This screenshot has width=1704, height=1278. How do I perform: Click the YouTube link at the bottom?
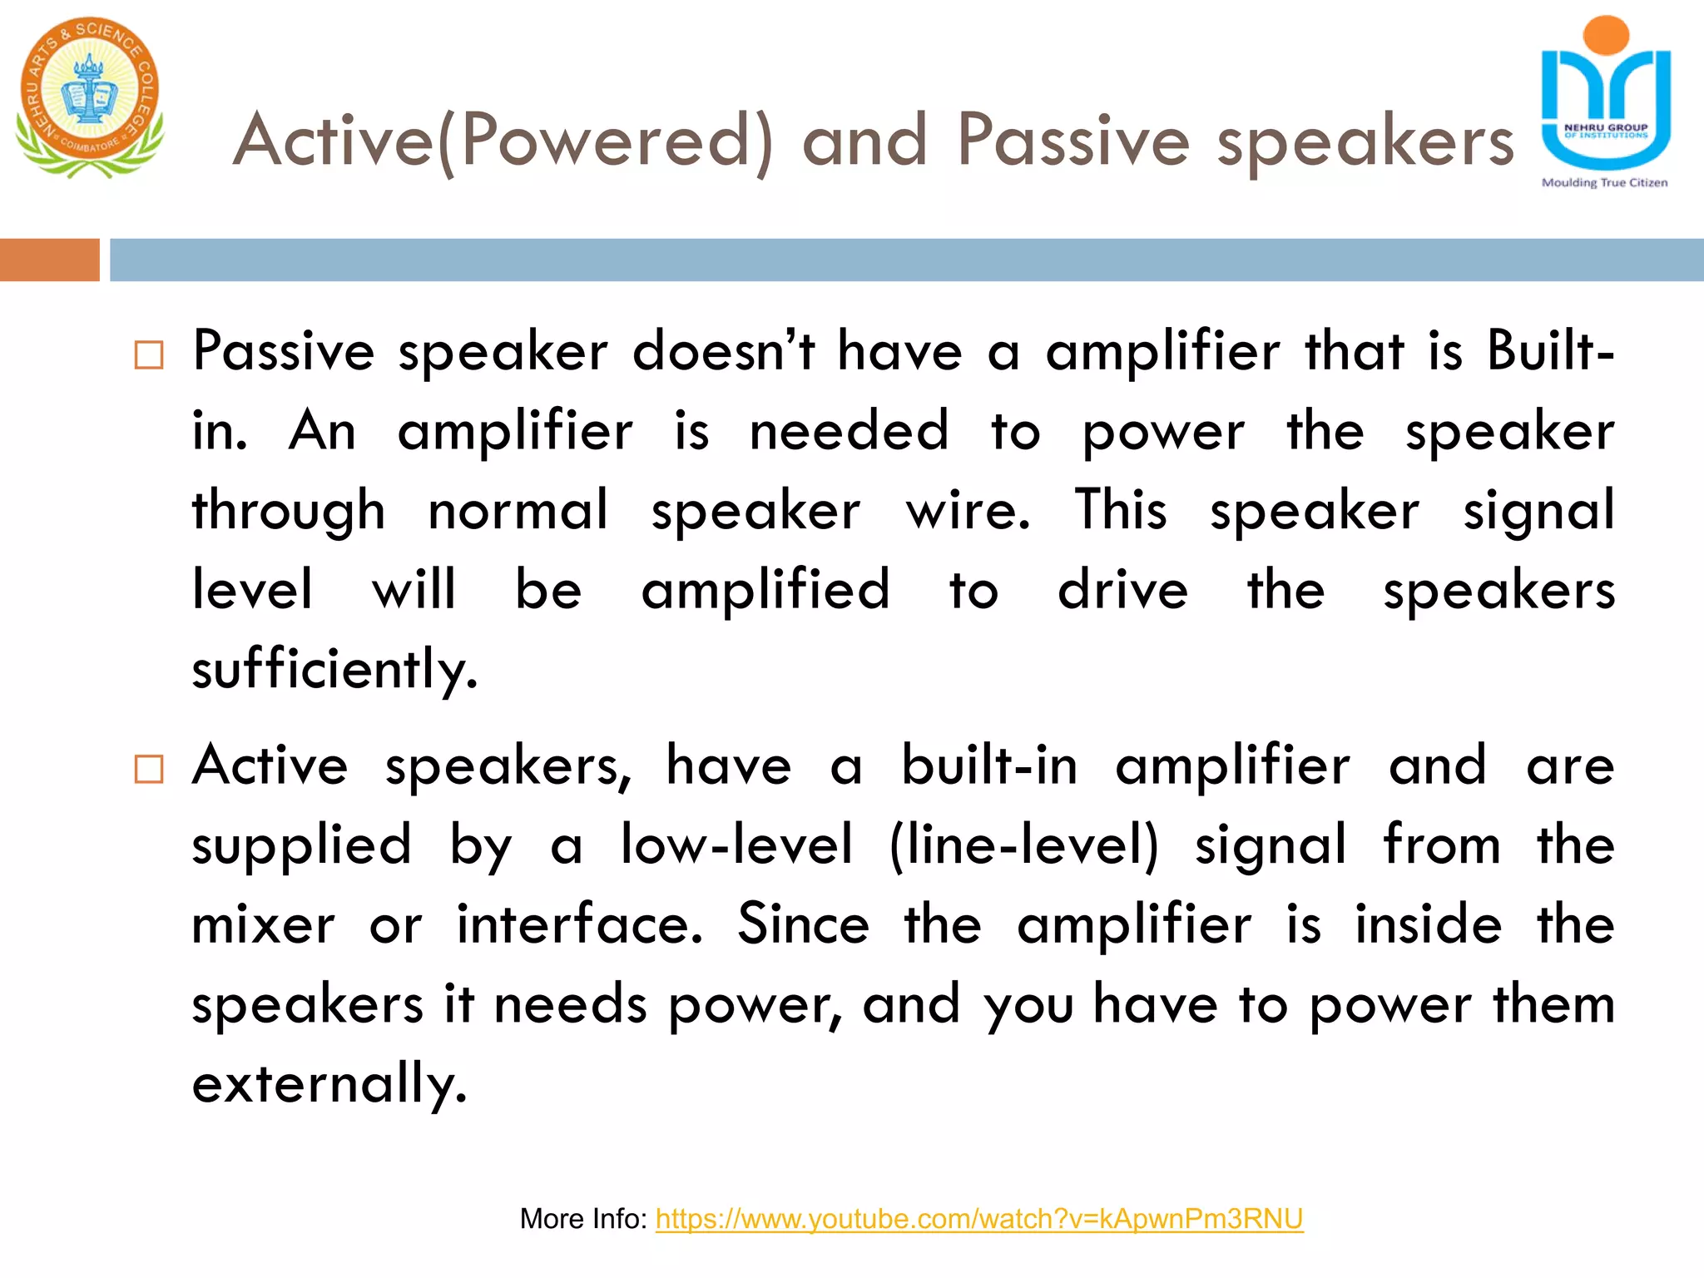point(978,1219)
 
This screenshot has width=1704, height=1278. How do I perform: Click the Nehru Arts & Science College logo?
point(89,97)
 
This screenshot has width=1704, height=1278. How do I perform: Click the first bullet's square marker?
point(149,355)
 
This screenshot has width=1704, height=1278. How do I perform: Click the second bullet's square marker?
point(149,770)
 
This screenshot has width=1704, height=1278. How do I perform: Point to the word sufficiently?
point(334,670)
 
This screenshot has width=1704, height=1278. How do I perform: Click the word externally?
point(329,1085)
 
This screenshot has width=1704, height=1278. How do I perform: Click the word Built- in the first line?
point(1550,351)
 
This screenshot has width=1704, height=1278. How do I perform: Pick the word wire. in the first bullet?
point(968,511)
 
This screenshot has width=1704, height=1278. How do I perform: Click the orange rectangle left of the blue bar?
point(49,260)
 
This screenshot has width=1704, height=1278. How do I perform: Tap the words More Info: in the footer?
point(582,1219)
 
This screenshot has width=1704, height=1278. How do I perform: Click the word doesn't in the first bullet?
point(723,351)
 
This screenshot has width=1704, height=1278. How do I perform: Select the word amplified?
point(765,591)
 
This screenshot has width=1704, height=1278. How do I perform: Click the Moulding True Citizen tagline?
point(1604,183)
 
